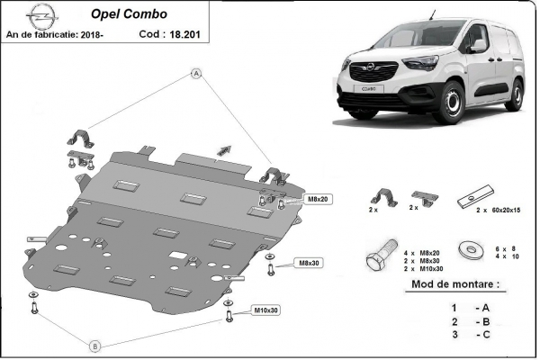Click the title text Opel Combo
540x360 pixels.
click(x=121, y=13)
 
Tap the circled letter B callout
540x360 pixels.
click(x=95, y=343)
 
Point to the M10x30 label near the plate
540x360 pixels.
click(x=265, y=310)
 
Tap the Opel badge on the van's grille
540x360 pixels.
click(x=369, y=68)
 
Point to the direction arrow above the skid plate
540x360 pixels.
click(x=222, y=150)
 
